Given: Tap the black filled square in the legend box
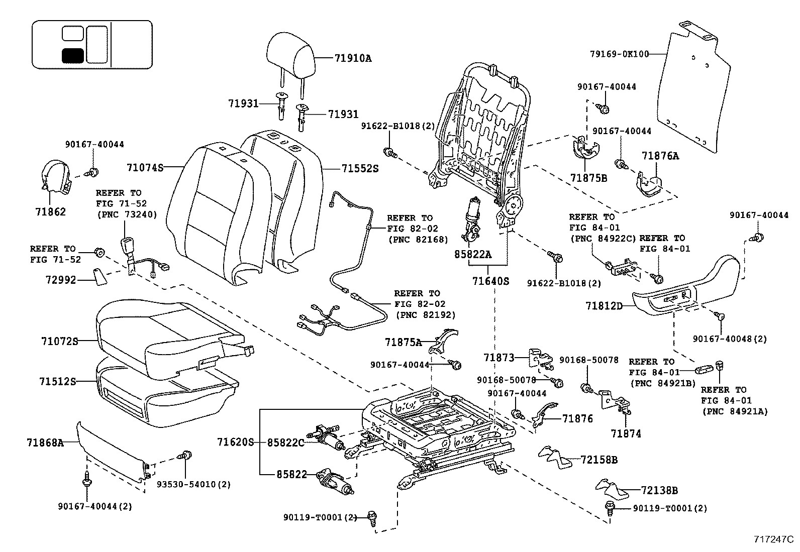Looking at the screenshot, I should [72, 55].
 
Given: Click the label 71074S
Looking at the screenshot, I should [145, 167].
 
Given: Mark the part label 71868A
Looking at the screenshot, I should [45, 443].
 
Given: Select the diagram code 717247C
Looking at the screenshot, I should [773, 540].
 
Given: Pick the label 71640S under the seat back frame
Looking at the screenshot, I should [490, 281].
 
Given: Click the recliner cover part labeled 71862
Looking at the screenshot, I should [55, 177].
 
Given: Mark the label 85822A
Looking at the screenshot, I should [472, 255].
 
